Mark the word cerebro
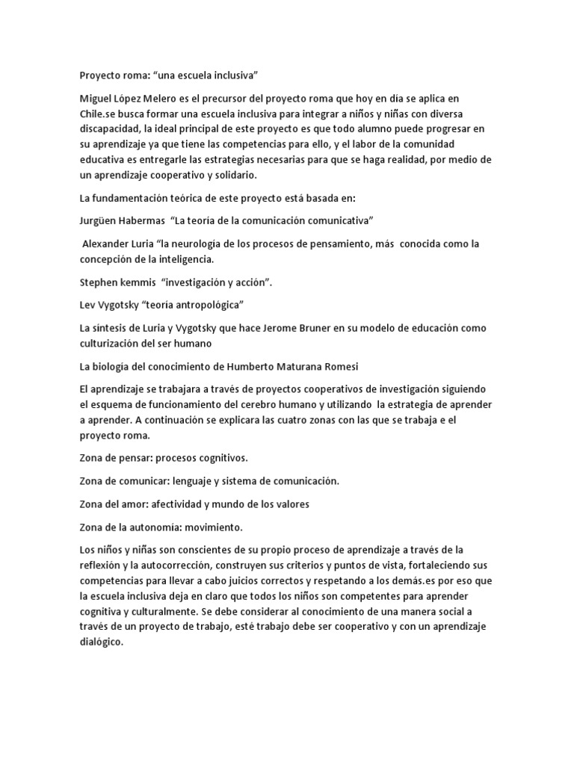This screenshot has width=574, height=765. [246, 404]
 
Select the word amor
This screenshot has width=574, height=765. [143, 504]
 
